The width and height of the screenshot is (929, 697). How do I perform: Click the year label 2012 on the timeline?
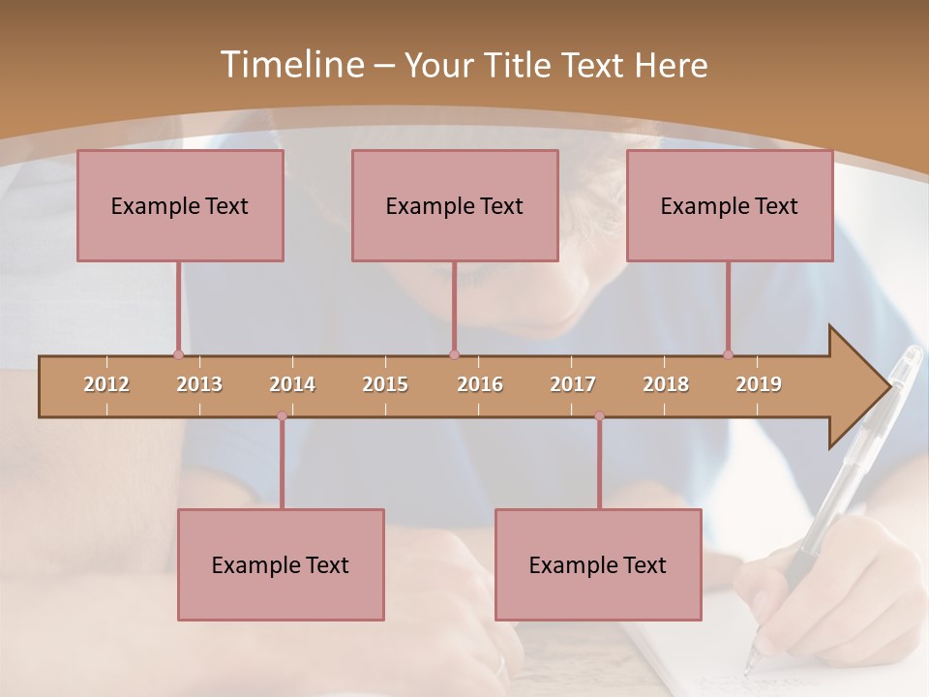(106, 384)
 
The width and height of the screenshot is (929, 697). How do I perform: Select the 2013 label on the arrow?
(199, 384)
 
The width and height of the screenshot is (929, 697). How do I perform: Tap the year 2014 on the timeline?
(292, 384)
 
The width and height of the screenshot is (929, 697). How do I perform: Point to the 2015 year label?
(385, 384)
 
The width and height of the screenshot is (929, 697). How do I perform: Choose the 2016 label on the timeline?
(480, 384)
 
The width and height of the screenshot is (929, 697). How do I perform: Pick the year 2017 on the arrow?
(573, 384)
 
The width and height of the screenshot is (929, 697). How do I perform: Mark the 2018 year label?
(666, 384)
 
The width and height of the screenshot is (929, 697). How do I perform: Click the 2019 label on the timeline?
(759, 384)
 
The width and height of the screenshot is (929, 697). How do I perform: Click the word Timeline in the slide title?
(289, 65)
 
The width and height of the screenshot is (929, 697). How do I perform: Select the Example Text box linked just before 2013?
(180, 205)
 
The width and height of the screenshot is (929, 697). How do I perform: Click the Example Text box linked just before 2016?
(455, 205)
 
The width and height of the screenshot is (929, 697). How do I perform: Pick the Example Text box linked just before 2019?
(730, 205)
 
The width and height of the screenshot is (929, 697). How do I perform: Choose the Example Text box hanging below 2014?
(281, 564)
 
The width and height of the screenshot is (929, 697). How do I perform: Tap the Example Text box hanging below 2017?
(598, 564)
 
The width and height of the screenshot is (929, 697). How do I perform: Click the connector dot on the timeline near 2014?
(282, 416)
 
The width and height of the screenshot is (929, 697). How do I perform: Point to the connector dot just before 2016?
(454, 354)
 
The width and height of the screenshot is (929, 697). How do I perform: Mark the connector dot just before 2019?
(728, 354)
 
